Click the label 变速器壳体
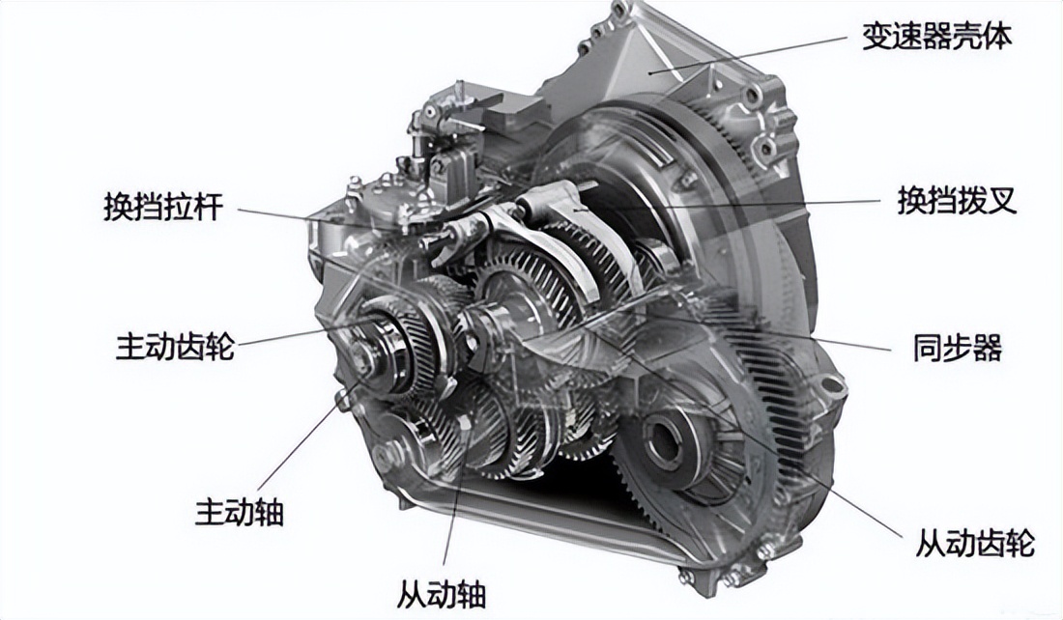936,37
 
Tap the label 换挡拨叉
957,201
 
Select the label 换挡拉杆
163,207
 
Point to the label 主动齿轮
175,346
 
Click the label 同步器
957,349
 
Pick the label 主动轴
239,512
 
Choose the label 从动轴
442,594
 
